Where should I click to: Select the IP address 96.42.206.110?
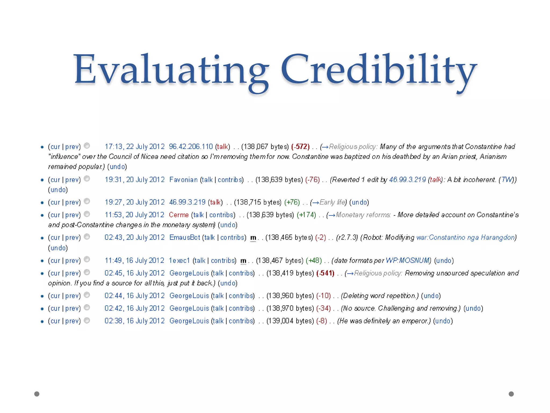click(191, 147)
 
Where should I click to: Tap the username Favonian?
click(183, 180)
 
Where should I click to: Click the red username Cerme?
click(179, 215)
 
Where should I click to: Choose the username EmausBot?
click(184, 237)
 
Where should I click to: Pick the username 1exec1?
click(179, 261)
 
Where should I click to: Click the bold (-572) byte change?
click(301, 147)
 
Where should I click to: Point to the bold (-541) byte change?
click(325, 273)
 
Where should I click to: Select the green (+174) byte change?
click(306, 215)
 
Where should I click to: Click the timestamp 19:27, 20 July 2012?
click(134, 202)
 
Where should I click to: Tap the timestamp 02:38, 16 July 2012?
click(134, 321)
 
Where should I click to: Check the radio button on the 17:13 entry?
click(87, 146)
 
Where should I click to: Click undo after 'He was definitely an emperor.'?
click(443, 321)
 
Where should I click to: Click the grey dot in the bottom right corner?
click(511, 394)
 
